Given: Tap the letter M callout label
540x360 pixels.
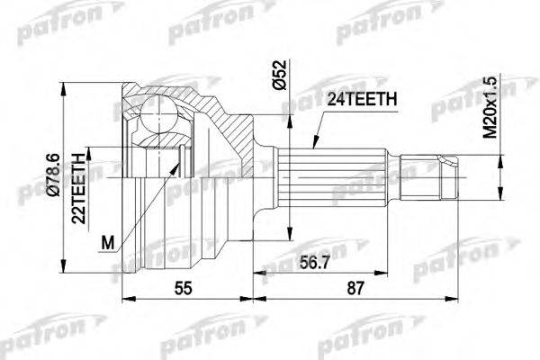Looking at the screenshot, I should [109, 242].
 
